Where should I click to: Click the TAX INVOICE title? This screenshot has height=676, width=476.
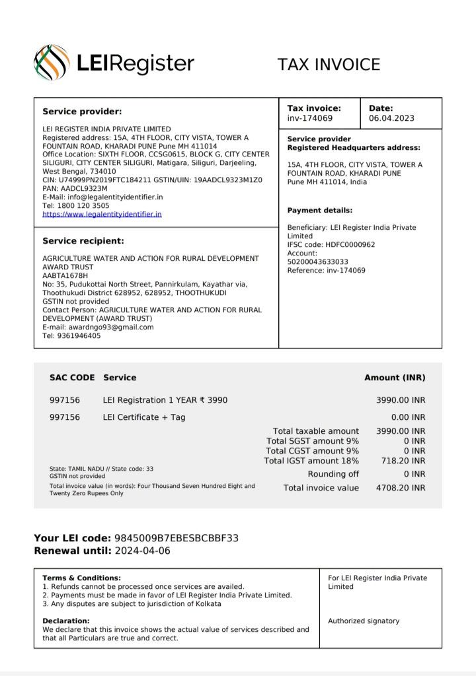329,64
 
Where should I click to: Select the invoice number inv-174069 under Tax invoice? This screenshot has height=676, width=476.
309,118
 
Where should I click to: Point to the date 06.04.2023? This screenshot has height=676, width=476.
391,118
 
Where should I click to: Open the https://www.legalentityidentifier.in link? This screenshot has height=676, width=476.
102,214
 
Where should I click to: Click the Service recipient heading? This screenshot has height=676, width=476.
83,241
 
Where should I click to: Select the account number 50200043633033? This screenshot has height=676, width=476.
317,261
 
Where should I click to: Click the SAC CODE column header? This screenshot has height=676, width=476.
72,378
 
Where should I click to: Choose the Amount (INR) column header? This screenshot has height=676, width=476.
395,378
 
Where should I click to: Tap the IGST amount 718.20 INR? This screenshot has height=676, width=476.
403,460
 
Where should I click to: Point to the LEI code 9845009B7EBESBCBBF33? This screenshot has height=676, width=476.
176,538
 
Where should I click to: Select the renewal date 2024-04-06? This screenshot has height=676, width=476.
142,551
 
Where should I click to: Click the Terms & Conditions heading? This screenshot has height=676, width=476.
81,578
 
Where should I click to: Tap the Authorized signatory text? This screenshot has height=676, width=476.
364,621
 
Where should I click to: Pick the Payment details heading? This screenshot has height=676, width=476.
320,210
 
